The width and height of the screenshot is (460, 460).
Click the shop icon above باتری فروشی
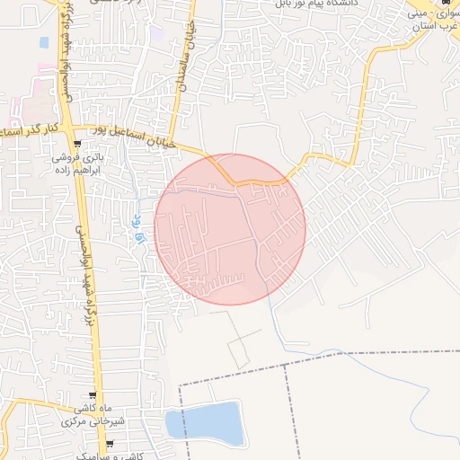pos(78,144)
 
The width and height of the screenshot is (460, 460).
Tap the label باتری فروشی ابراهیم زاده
pos(77,163)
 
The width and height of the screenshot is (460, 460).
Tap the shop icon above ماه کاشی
pos(93,396)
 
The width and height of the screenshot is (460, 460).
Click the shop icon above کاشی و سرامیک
pos(110,444)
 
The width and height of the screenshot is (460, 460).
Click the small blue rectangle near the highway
pos(44,42)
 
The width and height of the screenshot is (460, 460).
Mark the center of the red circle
pos(230,229)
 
